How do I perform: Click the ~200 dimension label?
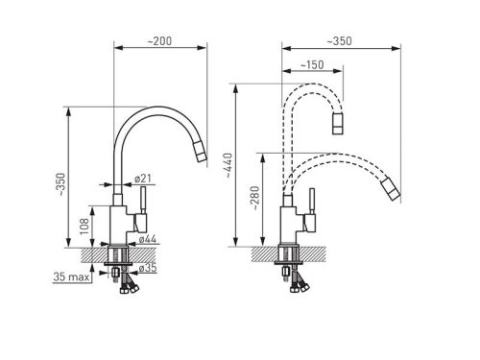pyautogui.click(x=159, y=41)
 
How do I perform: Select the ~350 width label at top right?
pyautogui.click(x=339, y=41)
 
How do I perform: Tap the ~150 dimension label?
pyautogui.click(x=312, y=65)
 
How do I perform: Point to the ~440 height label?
pyautogui.click(x=228, y=165)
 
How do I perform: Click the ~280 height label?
pyautogui.click(x=255, y=198)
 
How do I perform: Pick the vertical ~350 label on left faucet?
pyautogui.click(x=60, y=185)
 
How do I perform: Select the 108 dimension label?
pyautogui.click(x=84, y=227)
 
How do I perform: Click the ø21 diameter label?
pyautogui.click(x=143, y=179)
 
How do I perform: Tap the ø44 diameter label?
pyautogui.click(x=148, y=239)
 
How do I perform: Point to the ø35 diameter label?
pyautogui.click(x=148, y=268)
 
